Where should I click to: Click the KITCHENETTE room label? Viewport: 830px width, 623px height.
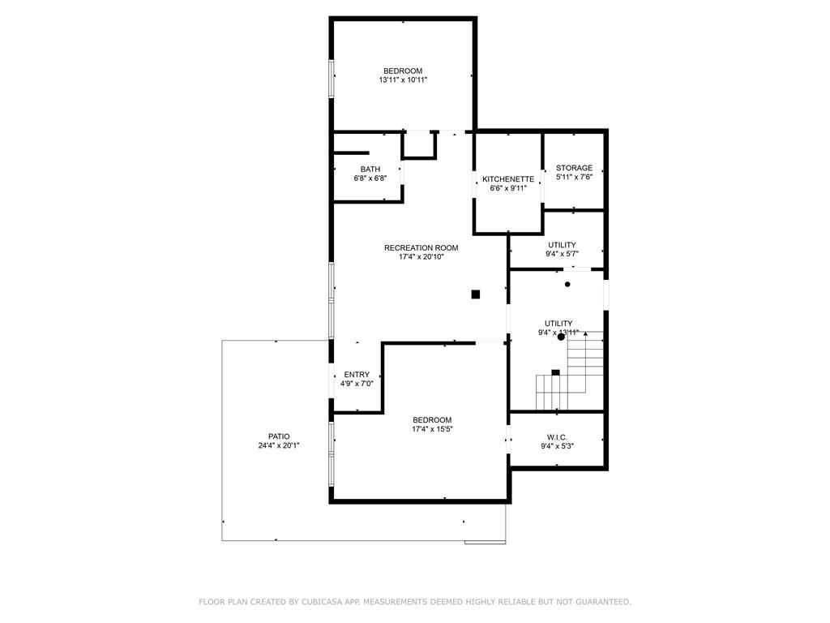tap(508, 178)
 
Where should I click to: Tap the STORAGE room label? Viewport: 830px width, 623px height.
tap(574, 168)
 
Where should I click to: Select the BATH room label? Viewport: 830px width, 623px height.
tap(370, 169)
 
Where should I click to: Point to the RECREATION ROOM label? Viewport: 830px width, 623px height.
tap(421, 247)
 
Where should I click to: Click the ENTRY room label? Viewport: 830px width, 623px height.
tap(357, 374)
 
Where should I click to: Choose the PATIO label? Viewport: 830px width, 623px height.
tap(279, 436)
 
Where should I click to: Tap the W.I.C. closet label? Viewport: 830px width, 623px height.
tap(557, 437)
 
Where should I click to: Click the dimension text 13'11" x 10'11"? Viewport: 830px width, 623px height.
tap(403, 80)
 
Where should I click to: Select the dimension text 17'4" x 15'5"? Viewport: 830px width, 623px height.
tap(432, 429)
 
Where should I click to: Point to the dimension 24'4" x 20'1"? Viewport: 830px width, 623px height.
tap(279, 445)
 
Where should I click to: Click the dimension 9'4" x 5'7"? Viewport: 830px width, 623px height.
tap(562, 254)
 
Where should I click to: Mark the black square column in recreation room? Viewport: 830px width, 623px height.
tap(476, 294)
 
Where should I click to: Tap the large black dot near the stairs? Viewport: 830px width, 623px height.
tap(561, 336)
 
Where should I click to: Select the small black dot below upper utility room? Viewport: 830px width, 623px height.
tap(567, 284)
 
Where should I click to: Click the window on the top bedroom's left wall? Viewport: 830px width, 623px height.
tap(331, 79)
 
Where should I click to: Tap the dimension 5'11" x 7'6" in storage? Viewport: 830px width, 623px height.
tap(574, 177)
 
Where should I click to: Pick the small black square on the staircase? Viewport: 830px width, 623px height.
tap(555, 372)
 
